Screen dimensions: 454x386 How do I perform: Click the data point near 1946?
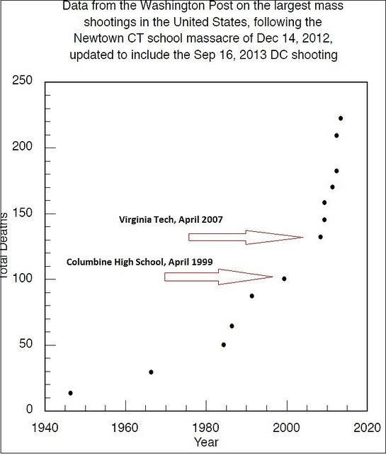pyautogui.click(x=70, y=393)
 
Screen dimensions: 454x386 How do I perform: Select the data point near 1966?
pyautogui.click(x=151, y=372)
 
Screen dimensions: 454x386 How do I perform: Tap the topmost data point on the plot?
pyautogui.click(x=341, y=118)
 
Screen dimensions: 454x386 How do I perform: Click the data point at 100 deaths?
pyautogui.click(x=284, y=279)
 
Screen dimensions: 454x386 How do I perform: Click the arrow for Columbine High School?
pyautogui.click(x=218, y=276)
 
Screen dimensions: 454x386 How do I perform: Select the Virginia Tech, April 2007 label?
pyautogui.click(x=170, y=220)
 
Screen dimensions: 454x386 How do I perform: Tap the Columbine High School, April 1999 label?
pyautogui.click(x=129, y=262)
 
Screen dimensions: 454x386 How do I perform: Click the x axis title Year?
pyautogui.click(x=206, y=443)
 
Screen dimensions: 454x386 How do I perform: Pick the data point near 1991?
pyautogui.click(x=251, y=296)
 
